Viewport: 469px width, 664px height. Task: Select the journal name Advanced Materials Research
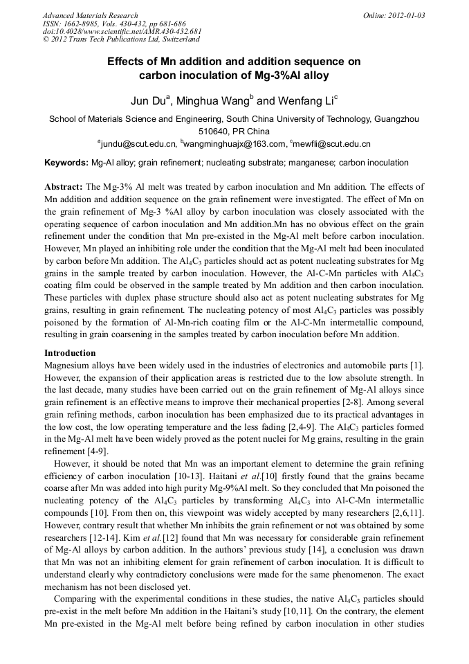(x=90, y=15)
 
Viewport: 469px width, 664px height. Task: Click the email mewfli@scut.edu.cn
(x=332, y=144)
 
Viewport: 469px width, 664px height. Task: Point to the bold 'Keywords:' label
(x=66, y=163)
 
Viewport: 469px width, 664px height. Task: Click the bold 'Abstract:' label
(x=64, y=187)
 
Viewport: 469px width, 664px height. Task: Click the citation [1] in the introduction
(x=416, y=364)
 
